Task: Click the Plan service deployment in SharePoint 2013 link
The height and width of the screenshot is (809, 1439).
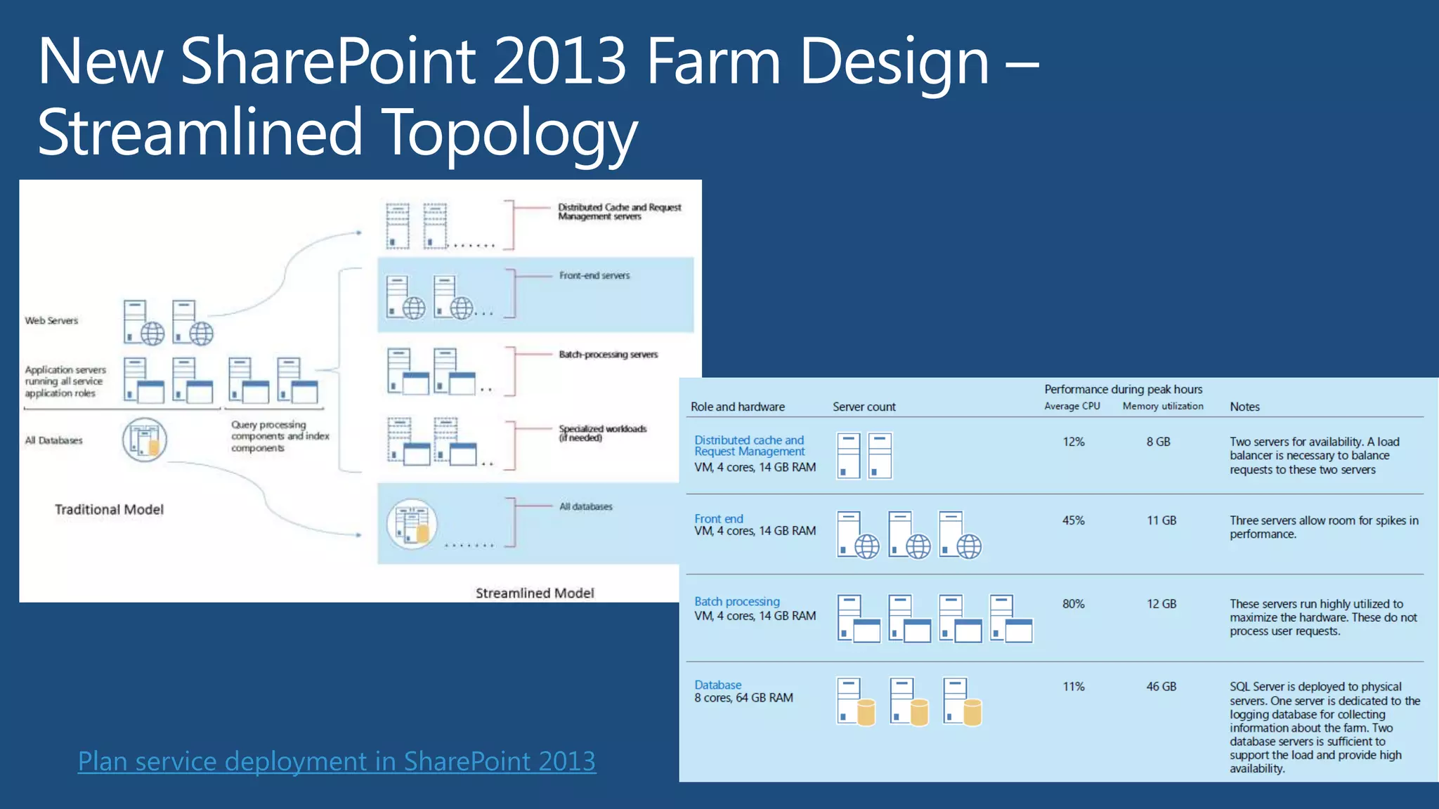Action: pos(337,761)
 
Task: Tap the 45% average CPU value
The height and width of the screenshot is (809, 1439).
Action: pos(1073,520)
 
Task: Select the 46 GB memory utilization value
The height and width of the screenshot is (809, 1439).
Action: pos(1161,686)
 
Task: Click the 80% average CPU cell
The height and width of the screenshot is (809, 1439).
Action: pos(1073,604)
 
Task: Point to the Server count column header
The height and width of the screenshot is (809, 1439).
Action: pos(864,407)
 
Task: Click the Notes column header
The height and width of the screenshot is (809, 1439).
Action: pos(1244,407)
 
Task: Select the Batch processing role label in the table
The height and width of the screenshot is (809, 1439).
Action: pos(736,602)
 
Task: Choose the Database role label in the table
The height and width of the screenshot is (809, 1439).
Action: pos(717,685)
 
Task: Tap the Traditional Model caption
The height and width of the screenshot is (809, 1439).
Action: pos(109,510)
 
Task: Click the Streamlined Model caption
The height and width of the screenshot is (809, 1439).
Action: pos(535,593)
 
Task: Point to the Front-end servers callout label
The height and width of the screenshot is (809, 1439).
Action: pos(594,276)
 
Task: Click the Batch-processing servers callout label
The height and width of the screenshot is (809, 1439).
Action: pos(608,355)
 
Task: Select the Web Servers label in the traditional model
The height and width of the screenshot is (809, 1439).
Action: pos(51,321)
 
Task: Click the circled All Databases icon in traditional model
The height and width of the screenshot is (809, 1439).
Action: pos(145,440)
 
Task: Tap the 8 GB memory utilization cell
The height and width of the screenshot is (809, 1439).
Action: pos(1158,442)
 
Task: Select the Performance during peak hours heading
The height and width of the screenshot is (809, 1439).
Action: pos(1123,389)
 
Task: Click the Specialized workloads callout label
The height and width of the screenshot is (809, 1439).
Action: pos(602,433)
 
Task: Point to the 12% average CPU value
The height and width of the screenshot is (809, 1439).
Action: pos(1073,442)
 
